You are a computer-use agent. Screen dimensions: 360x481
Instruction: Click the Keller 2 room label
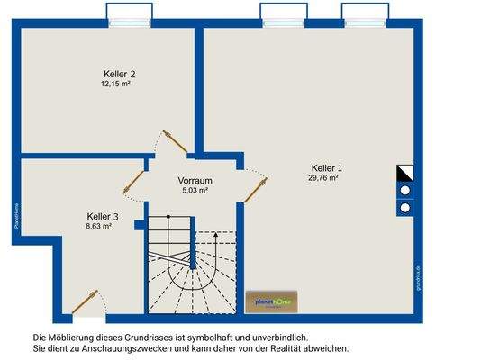coord(120,74)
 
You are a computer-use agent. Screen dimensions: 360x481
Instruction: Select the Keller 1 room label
coord(327,168)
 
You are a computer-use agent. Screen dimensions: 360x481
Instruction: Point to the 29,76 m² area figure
coord(323,178)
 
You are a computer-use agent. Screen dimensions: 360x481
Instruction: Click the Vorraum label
coord(195,180)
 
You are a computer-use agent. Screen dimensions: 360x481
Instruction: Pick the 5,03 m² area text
coord(195,190)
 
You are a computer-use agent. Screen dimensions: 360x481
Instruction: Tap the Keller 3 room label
coord(103,217)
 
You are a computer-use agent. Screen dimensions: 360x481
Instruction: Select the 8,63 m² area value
coord(98,227)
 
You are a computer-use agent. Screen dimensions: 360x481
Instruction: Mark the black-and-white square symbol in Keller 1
coord(404,172)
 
